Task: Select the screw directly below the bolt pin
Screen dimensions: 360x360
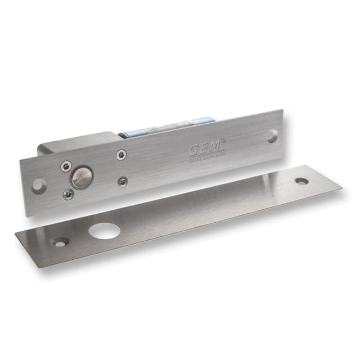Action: [68, 194]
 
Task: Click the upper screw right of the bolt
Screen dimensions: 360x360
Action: [121, 155]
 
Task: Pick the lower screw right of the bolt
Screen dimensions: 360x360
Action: [123, 181]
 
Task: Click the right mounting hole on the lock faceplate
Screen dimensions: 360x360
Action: [272, 136]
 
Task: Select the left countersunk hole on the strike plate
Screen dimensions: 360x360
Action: [59, 242]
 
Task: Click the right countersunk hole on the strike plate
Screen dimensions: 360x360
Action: [301, 182]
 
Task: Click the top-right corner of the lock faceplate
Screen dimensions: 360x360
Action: [281, 111]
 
